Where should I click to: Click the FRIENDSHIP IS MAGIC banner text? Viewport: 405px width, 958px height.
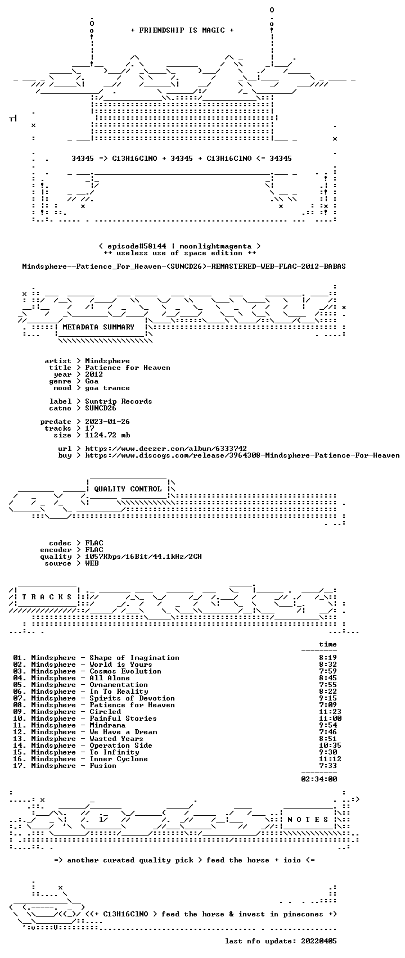[x=182, y=30]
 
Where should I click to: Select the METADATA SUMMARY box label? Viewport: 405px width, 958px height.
[x=98, y=327]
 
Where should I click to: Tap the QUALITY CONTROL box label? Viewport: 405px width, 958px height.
[x=128, y=489]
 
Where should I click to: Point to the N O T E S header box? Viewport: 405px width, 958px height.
[x=308, y=820]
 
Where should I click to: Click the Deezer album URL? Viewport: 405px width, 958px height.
[x=166, y=449]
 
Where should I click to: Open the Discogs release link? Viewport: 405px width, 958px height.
[x=242, y=455]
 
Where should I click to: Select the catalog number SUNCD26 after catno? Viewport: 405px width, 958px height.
[x=101, y=408]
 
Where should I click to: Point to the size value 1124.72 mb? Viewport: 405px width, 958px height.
[x=107, y=435]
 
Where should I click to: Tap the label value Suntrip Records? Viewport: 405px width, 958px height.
[x=119, y=401]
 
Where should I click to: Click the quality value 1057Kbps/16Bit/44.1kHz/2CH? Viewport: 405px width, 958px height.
[x=143, y=557]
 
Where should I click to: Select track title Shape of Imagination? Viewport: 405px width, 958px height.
[x=134, y=658]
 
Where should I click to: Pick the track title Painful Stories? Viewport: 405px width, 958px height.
[x=123, y=718]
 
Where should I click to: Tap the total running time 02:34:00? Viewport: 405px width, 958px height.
[x=319, y=779]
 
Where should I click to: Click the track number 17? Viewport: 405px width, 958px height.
[x=20, y=766]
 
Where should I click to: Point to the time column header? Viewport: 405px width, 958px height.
[x=328, y=644]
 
